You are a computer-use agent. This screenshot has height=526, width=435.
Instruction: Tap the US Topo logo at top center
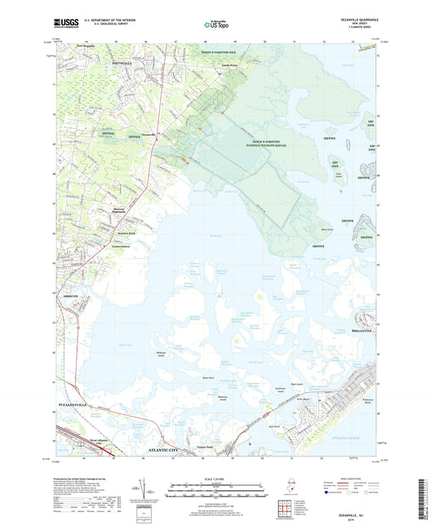(216, 26)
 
